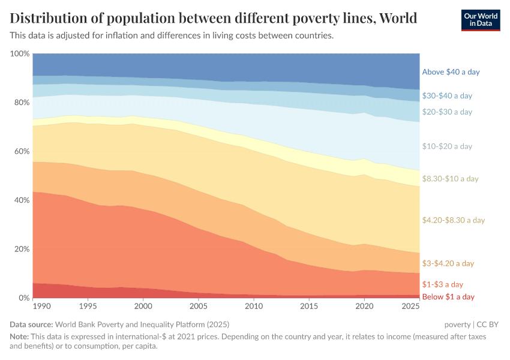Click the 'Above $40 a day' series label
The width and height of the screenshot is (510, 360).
tap(451, 72)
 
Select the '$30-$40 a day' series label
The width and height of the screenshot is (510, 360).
tap(447, 95)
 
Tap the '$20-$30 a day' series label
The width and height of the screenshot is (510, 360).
tap(447, 112)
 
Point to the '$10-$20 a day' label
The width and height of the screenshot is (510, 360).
tap(447, 146)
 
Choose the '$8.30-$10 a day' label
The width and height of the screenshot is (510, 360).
tap(450, 179)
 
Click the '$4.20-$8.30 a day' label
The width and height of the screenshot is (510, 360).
tap(453, 220)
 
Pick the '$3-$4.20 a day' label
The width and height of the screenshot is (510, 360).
tap(448, 263)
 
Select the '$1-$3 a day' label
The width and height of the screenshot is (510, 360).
tap(443, 284)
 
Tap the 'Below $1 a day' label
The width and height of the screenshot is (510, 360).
tap(448, 297)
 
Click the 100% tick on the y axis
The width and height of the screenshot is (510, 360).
tap(20, 54)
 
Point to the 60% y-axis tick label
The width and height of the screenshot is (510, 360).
tap(22, 151)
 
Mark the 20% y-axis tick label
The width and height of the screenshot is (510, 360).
tap(22, 249)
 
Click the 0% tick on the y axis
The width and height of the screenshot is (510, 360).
tap(24, 298)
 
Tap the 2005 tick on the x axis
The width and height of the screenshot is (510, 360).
tap(198, 307)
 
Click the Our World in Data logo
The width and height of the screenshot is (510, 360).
tap(481, 20)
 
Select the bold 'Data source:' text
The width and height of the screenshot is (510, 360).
tap(31, 325)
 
